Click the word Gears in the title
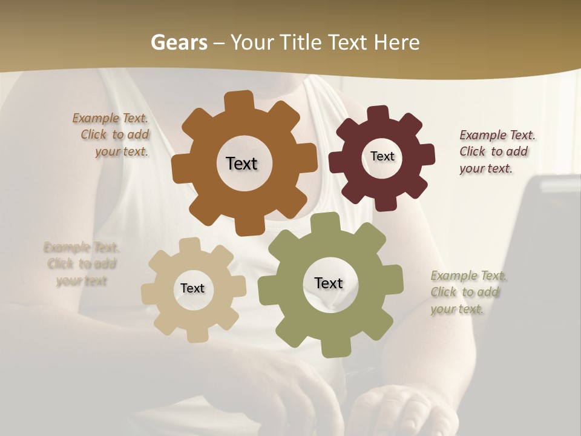(x=179, y=42)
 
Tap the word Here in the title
(x=396, y=42)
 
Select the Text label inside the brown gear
(x=241, y=163)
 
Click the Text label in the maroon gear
(x=382, y=156)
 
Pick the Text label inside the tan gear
(x=192, y=288)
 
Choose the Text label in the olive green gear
(x=329, y=283)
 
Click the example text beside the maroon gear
(x=496, y=151)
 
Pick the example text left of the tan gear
(x=81, y=264)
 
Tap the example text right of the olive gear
(x=467, y=292)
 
